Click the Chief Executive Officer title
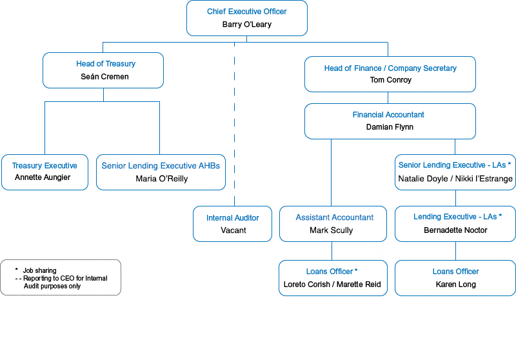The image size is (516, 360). point(246,12)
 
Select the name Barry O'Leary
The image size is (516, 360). point(246,25)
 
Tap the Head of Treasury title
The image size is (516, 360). point(105,64)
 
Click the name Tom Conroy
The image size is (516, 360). point(390,80)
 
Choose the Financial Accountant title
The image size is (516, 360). point(388,115)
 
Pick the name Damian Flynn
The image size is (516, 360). point(390,127)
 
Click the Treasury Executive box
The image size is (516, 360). point(45,172)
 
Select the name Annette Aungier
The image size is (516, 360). point(42,177)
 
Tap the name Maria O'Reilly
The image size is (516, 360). point(161,179)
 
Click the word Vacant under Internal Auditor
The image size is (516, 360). point(233,230)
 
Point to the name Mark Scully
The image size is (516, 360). point(331,230)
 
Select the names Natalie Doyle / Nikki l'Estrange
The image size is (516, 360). point(455,178)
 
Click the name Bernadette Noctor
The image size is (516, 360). point(455,230)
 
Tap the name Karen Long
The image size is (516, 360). point(455,285)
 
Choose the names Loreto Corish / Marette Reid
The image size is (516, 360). point(332,285)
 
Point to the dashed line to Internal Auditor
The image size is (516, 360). point(234,129)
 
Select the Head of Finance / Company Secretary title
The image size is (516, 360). point(390,68)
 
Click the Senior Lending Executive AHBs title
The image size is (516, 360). point(161,166)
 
